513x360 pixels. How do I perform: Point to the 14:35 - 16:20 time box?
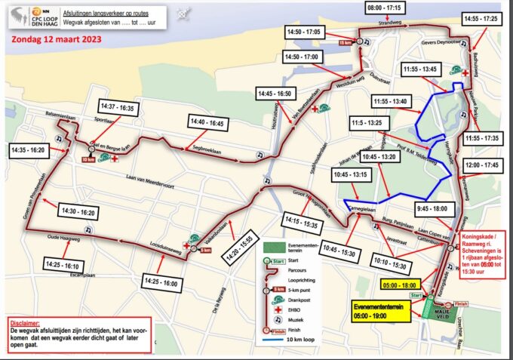pyautogui.click(x=28, y=150)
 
